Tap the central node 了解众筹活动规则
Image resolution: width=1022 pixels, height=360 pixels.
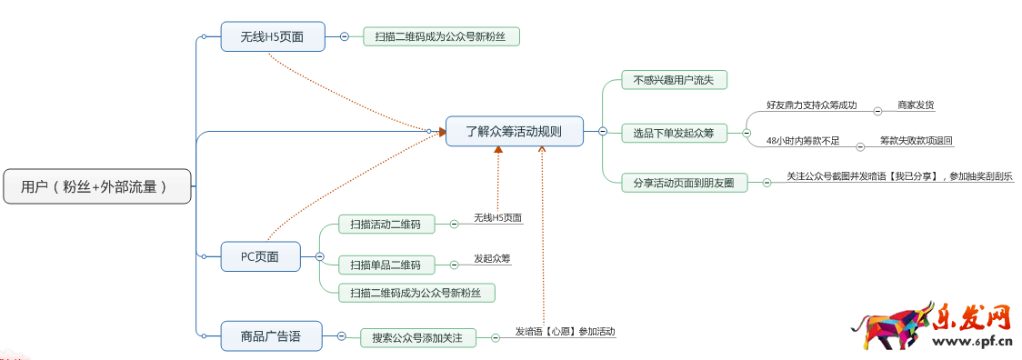pos(514,131)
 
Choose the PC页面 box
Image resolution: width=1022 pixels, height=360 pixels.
pos(260,256)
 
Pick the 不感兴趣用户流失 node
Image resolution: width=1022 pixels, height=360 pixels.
pos(674,80)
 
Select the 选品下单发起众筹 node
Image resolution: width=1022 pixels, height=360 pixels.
pos(674,134)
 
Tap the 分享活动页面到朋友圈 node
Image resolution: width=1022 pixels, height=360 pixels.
pos(684,182)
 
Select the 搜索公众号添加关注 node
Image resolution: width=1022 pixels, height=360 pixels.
pos(417,338)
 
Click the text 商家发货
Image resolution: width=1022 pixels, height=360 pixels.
pos(915,105)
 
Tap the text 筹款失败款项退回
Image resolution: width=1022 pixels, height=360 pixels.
pos(916,141)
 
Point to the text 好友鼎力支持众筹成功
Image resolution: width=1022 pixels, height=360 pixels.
pos(811,105)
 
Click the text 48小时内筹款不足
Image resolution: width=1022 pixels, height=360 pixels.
pos(803,141)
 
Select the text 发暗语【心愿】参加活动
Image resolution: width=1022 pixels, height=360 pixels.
pos(565,332)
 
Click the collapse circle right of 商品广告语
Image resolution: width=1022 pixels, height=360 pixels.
pos(341,336)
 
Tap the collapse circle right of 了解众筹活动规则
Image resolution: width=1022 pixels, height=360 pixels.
pos(602,131)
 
